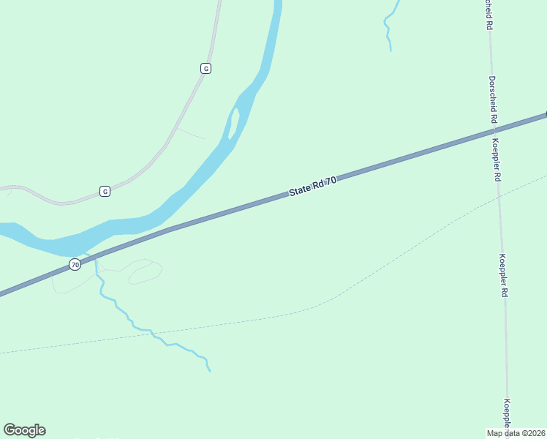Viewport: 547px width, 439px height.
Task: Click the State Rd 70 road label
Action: pyautogui.click(x=312, y=186)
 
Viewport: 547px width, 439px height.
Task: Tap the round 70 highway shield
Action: pyautogui.click(x=75, y=264)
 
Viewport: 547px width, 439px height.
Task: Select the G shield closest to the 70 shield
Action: pyautogui.click(x=105, y=192)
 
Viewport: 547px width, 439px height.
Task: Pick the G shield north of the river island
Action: pyautogui.click(x=205, y=68)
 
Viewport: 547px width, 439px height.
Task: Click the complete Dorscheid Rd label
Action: pyautogui.click(x=494, y=99)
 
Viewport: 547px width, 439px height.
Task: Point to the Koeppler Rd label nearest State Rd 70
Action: pyautogui.click(x=497, y=160)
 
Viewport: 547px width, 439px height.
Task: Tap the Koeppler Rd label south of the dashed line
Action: pyautogui.click(x=503, y=274)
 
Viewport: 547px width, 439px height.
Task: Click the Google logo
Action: pyautogui.click(x=24, y=430)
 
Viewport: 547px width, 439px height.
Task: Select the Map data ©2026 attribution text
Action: pyautogui.click(x=516, y=433)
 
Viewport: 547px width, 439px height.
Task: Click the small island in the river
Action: pyautogui.click(x=234, y=123)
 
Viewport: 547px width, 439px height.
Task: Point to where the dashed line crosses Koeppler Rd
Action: pyautogui.click(x=499, y=196)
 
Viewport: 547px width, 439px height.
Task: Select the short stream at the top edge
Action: pyautogui.click(x=390, y=26)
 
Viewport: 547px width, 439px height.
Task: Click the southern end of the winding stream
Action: pyautogui.click(x=210, y=371)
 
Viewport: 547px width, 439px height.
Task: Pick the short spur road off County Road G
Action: pyautogui.click(x=191, y=133)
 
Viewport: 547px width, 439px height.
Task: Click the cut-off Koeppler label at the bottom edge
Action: pyautogui.click(x=507, y=413)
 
